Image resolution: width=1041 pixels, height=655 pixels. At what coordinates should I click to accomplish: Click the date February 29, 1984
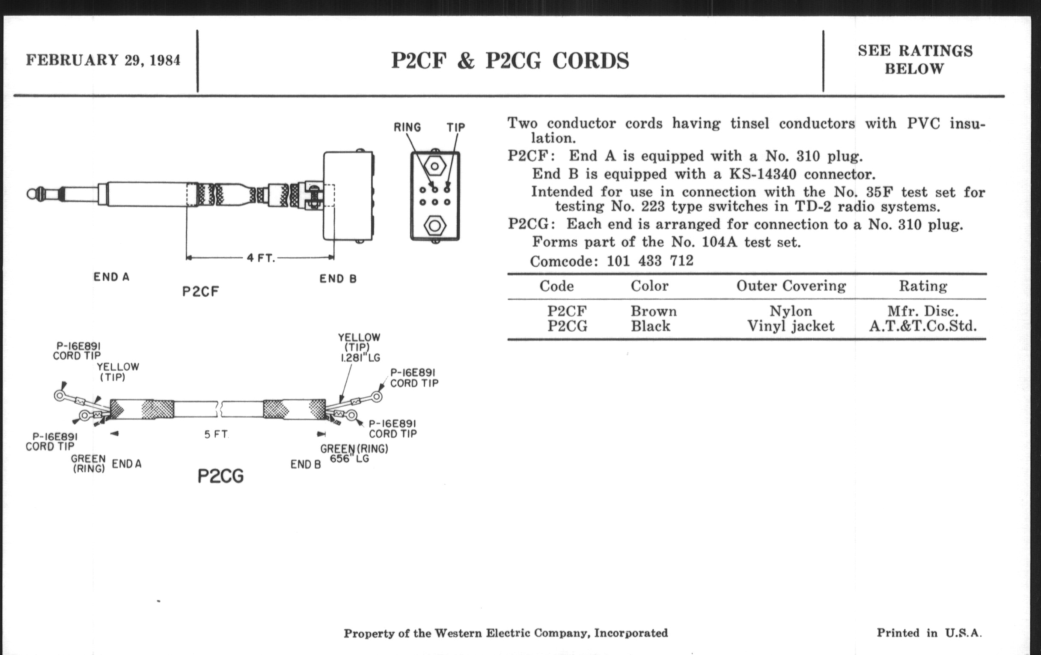[x=103, y=60]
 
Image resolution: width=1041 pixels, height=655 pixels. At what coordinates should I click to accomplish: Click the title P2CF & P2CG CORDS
[x=510, y=60]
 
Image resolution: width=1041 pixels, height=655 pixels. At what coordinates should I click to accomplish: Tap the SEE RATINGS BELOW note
[x=915, y=60]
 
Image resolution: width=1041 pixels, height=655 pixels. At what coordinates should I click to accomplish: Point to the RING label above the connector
[x=407, y=127]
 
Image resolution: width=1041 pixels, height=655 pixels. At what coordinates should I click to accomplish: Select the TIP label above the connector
[x=456, y=127]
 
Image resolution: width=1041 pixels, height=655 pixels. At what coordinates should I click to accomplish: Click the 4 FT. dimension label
[x=261, y=258]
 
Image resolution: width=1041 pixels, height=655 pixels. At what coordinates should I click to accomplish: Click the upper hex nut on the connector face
[x=435, y=166]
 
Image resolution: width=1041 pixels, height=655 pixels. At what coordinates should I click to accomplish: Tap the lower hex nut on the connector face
[x=435, y=226]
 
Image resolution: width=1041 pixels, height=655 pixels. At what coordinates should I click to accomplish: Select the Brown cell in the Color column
[x=653, y=311]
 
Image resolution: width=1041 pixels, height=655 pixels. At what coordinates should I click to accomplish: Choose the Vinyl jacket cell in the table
[x=791, y=325]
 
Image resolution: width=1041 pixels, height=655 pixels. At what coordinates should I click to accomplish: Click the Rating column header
[x=923, y=286]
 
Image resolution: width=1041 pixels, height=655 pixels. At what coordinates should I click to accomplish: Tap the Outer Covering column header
[x=791, y=286]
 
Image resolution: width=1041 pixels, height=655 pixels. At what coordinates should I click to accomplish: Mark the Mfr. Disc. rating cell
[x=923, y=311]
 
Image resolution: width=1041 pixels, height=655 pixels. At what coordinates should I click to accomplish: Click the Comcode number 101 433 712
[x=650, y=261]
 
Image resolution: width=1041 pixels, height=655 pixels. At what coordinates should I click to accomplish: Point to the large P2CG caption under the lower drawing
[x=220, y=476]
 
